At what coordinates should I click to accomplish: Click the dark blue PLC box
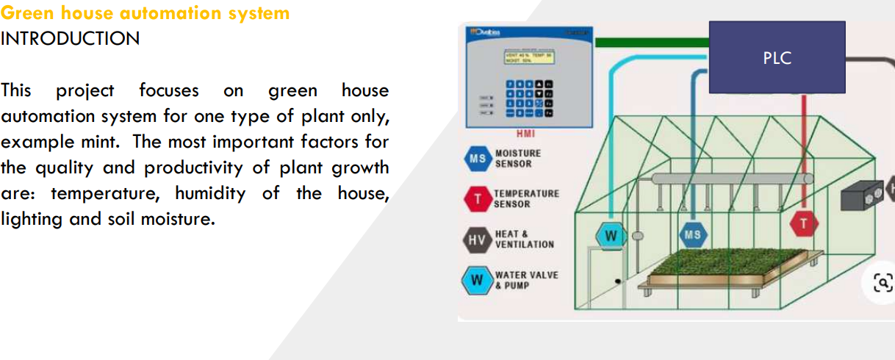[x=777, y=57]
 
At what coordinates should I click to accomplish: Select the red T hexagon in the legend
[x=478, y=198]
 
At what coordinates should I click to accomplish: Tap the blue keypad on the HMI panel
[x=528, y=99]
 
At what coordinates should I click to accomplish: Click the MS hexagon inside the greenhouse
[x=693, y=235]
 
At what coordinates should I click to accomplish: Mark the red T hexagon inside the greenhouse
[x=804, y=225]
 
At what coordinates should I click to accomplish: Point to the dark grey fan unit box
[x=863, y=195]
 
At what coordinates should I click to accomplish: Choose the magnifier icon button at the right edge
[x=882, y=282]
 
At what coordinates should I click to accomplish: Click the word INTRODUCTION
[x=70, y=39]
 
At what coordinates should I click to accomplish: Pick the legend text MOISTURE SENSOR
[x=518, y=159]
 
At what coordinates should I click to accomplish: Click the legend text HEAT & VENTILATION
[x=525, y=240]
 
